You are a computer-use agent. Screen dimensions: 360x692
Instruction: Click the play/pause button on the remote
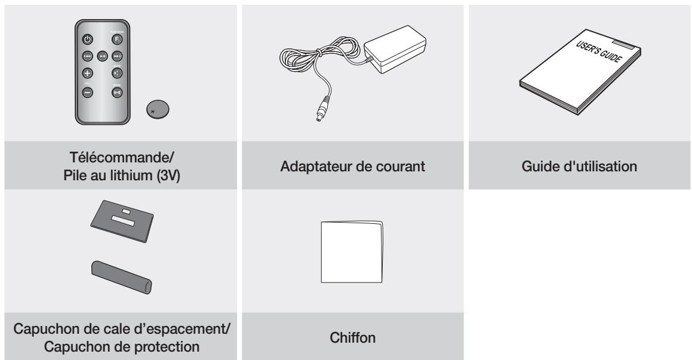[x=102, y=58]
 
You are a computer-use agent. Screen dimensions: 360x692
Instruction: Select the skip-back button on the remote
[x=87, y=58]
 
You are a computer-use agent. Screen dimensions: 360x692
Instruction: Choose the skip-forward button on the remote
[x=118, y=58]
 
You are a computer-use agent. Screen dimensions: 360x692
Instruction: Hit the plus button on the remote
[x=87, y=75]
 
